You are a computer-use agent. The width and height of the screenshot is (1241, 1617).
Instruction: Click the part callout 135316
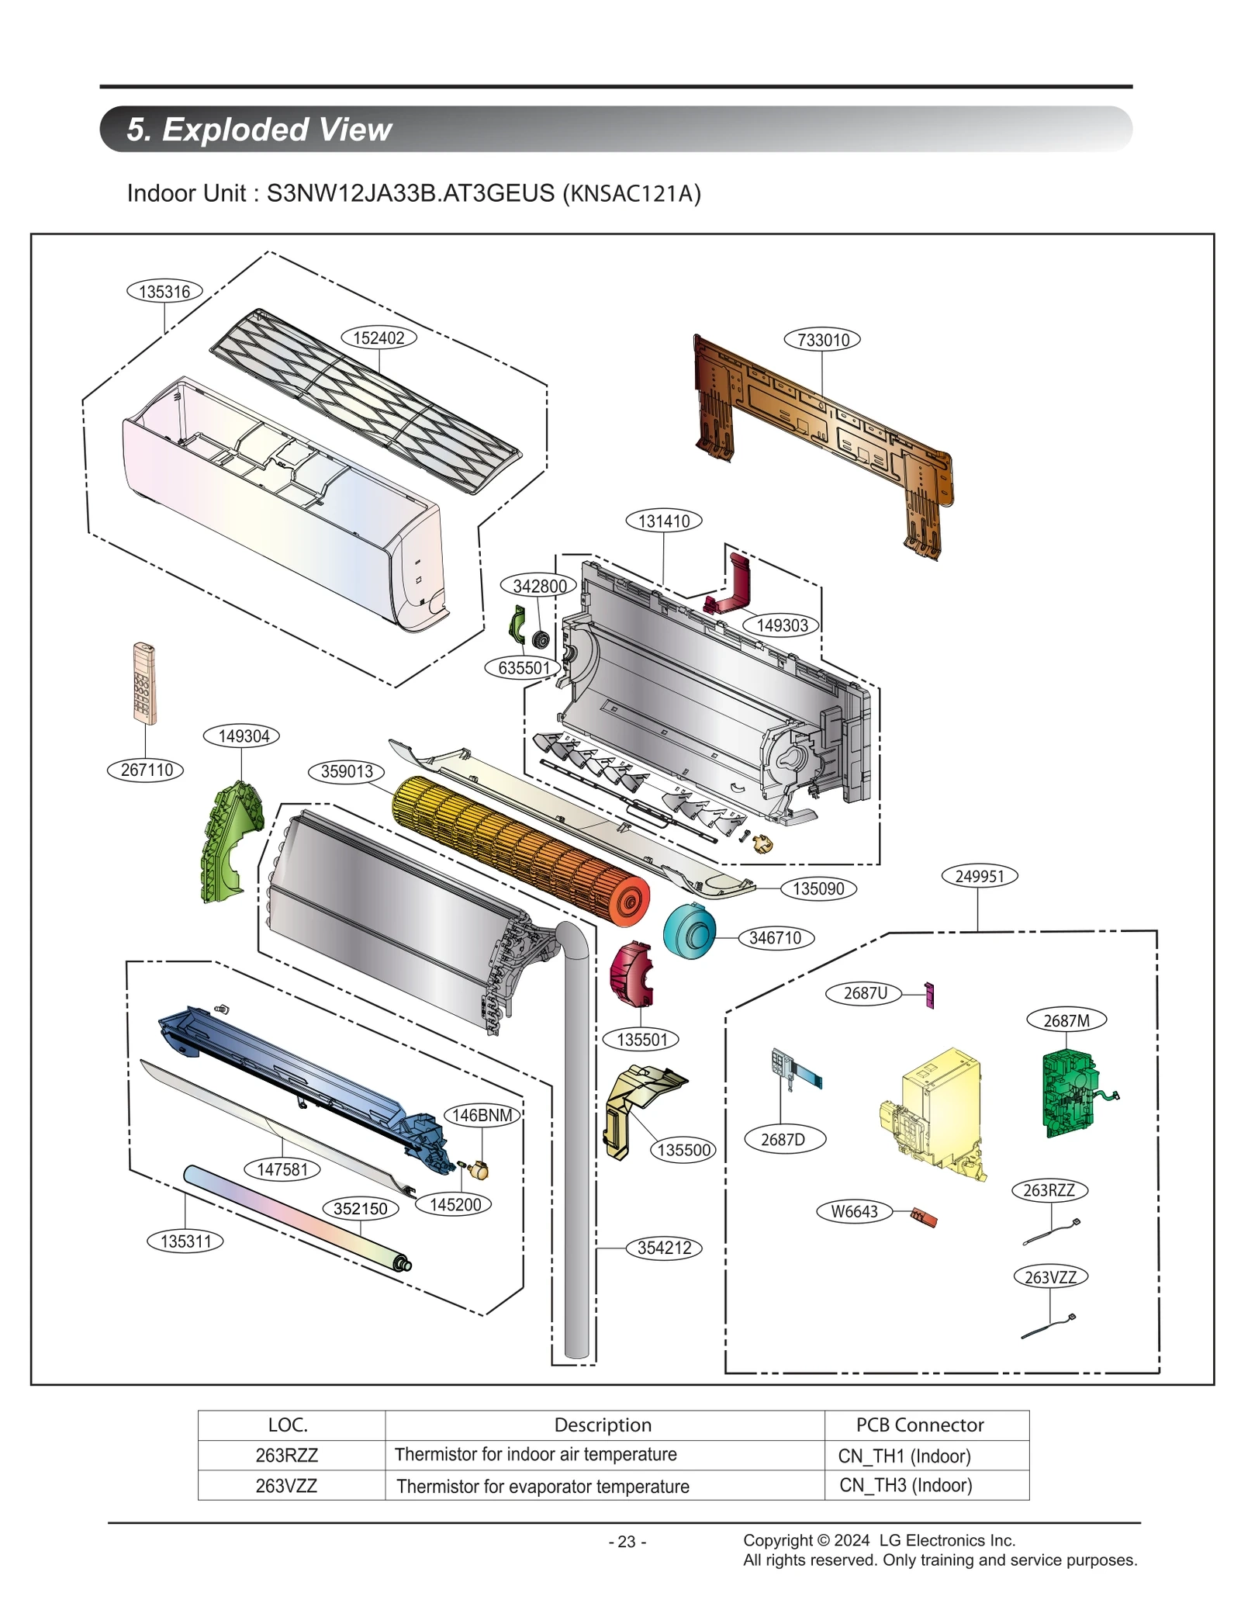coord(164,292)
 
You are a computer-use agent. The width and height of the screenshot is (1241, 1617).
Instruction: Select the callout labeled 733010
coord(822,340)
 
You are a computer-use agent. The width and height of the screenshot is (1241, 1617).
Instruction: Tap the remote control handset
coord(143,683)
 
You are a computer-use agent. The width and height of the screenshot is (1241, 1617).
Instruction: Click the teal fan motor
coord(689,930)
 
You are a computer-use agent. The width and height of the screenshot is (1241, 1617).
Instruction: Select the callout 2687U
coord(865,993)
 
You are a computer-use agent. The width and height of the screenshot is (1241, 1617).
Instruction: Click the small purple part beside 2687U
coord(928,995)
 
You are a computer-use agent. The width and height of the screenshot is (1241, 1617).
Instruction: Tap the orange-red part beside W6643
coord(924,1217)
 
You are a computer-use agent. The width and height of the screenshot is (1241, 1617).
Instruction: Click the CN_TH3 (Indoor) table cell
coord(905,1485)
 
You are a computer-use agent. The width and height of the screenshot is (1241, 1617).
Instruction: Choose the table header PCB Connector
coord(919,1425)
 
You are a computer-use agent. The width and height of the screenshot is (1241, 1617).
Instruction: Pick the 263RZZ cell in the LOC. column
coord(287,1456)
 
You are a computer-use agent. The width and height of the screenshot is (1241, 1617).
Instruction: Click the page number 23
coord(627,1542)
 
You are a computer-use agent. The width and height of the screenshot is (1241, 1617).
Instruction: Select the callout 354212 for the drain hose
coord(664,1248)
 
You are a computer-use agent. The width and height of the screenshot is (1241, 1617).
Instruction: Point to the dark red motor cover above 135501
coord(631,975)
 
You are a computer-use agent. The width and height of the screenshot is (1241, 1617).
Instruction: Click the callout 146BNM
coord(482,1115)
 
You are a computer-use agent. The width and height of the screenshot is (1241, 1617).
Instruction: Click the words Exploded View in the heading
coord(277,129)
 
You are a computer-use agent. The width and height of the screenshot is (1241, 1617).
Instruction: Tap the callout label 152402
coord(379,338)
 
